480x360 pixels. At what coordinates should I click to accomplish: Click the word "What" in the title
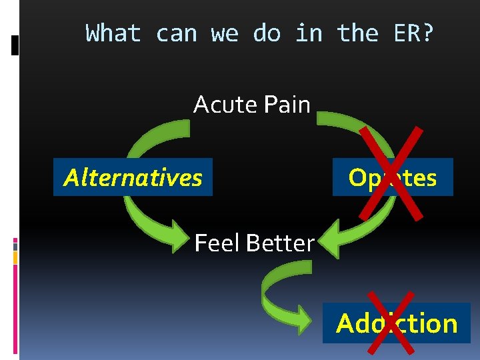coord(113,33)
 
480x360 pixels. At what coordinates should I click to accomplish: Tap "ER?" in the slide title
coord(413,33)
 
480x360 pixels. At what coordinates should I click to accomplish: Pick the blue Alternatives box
coord(133,177)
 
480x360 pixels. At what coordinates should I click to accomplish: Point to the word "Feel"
coord(217,243)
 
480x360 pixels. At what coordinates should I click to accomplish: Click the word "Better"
coord(280,243)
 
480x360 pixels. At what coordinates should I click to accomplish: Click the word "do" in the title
coord(267,33)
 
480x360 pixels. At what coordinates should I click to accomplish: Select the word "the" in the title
coord(358,33)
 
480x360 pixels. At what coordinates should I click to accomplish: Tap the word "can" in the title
coord(176,33)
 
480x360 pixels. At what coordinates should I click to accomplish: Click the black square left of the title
coord(16,45)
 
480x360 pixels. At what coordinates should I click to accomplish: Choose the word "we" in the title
coord(225,33)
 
